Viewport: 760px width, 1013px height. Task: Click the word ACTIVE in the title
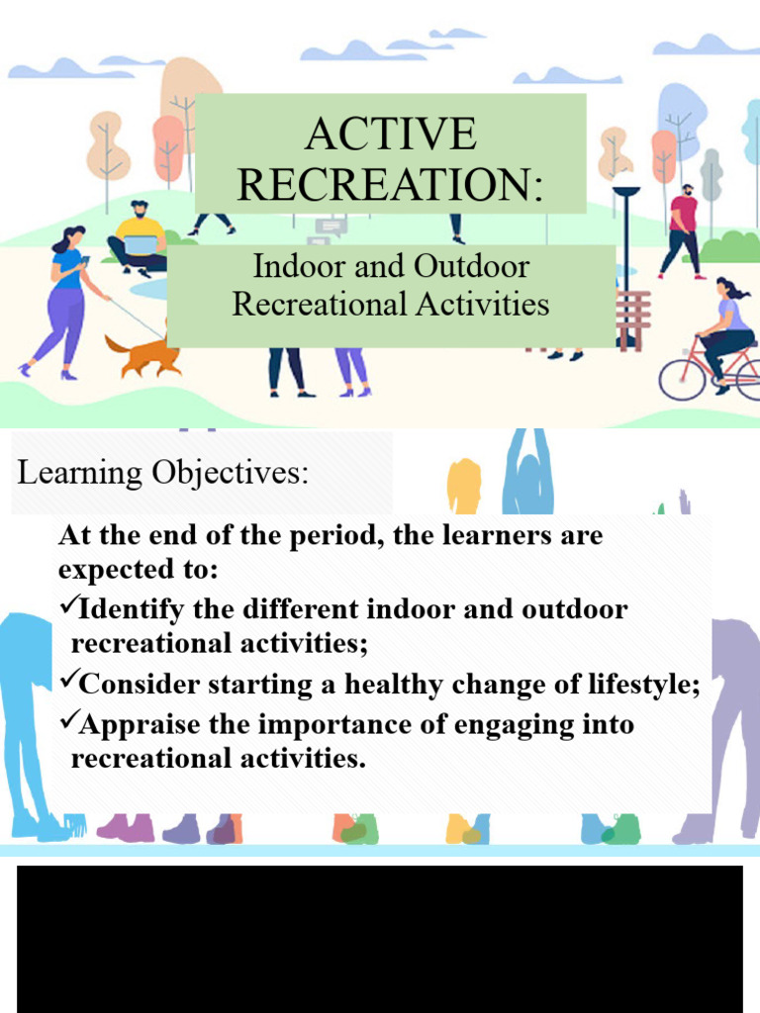pyautogui.click(x=391, y=135)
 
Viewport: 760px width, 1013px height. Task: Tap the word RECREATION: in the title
pyautogui.click(x=391, y=184)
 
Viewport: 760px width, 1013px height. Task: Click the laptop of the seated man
pyautogui.click(x=140, y=245)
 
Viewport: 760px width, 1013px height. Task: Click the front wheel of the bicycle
pyautogui.click(x=682, y=378)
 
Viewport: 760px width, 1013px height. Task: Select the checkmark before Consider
pyautogui.click(x=68, y=682)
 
